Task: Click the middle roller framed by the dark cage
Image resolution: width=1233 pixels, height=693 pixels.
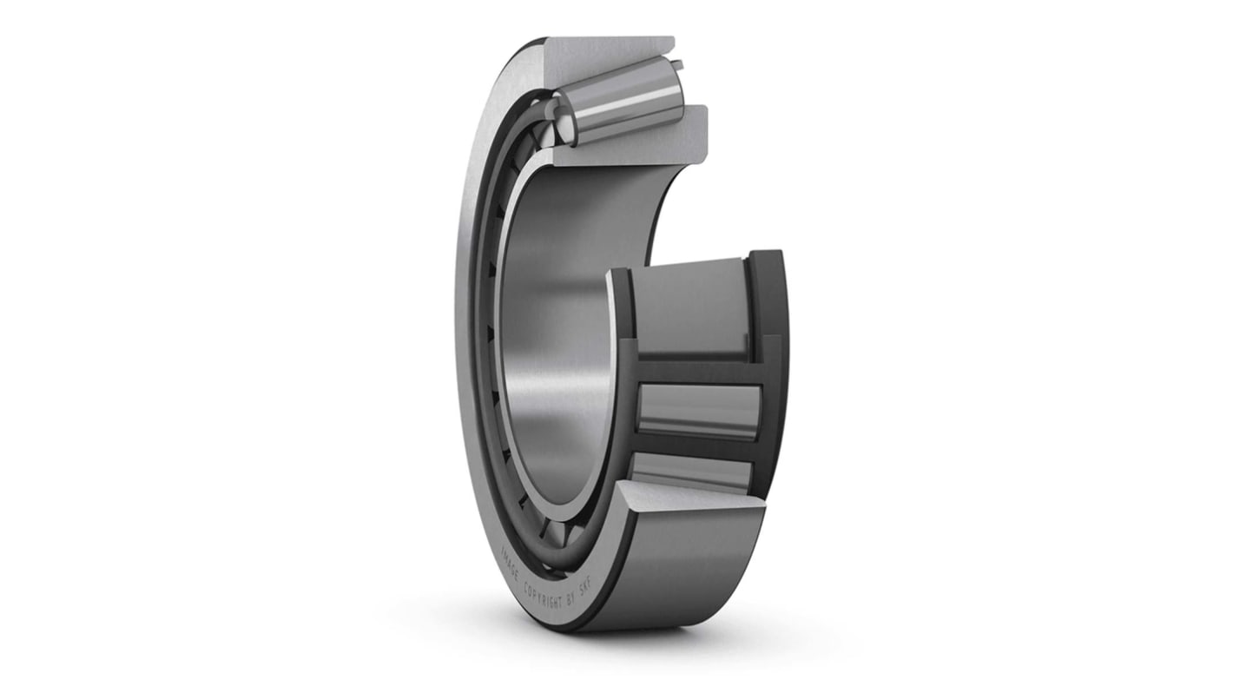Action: coord(699,408)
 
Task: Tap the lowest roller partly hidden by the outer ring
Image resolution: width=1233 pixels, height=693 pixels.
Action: coord(690,473)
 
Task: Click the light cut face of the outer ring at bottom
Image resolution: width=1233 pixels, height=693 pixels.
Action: coord(686,504)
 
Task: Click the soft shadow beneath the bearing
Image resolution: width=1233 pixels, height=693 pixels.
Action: coord(660,647)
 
